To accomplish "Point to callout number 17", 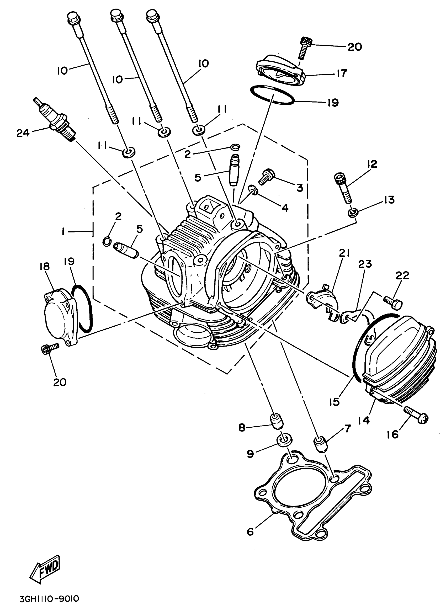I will coord(342,73).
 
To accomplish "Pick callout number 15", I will coord(334,402).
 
